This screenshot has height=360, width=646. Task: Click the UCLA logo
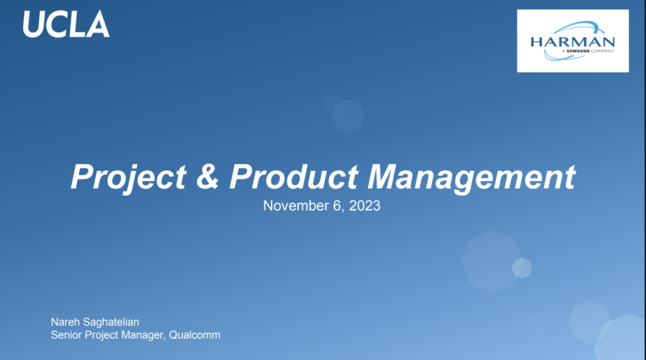[x=66, y=25]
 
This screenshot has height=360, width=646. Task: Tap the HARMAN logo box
[x=573, y=41]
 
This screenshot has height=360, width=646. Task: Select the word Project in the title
[x=129, y=178]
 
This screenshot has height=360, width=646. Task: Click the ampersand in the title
[x=207, y=177]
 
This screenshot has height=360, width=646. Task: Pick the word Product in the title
[x=293, y=177]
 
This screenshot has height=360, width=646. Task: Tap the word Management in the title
[x=471, y=178]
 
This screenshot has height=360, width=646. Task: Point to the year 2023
[x=365, y=206]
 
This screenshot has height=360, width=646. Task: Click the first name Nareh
[x=65, y=322]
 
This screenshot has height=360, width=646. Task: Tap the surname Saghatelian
[x=111, y=322]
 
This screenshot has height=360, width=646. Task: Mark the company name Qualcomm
[x=194, y=335]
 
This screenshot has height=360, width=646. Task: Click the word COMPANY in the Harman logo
[x=602, y=51]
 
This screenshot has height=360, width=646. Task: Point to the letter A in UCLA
[x=98, y=25]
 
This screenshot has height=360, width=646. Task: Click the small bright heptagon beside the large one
[x=522, y=268]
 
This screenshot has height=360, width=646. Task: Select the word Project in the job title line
[x=101, y=335]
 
